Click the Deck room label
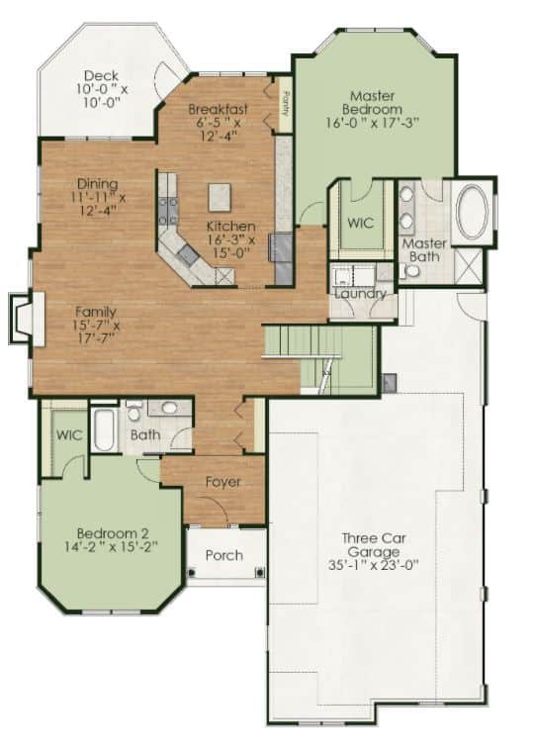click(x=101, y=76)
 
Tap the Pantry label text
click(x=285, y=104)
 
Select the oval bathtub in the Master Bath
click(x=472, y=210)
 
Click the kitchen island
click(x=220, y=197)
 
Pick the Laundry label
click(x=360, y=293)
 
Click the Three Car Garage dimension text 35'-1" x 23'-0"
click(x=374, y=565)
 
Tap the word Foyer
click(x=222, y=482)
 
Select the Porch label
click(x=223, y=555)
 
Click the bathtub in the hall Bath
click(x=104, y=428)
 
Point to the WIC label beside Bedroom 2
click(x=69, y=435)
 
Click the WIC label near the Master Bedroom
click(x=361, y=223)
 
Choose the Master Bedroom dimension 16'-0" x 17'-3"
click(x=373, y=122)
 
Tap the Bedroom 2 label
click(x=113, y=533)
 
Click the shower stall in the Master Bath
click(x=468, y=265)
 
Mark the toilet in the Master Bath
click(x=409, y=271)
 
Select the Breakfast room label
click(x=218, y=109)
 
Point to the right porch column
click(x=259, y=572)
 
